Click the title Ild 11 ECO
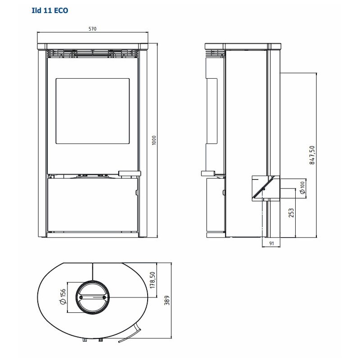point(50,10)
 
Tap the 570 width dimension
point(93,29)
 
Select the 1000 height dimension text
point(154,140)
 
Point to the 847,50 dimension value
point(312,155)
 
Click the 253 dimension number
point(291,213)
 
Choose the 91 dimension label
point(272,243)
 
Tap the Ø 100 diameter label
point(302,188)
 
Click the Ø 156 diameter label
point(63,297)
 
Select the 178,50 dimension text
point(153,280)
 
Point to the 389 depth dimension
point(167,300)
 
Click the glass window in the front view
point(93,111)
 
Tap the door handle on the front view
point(130,173)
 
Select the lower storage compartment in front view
point(93,205)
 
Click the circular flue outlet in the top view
point(93,297)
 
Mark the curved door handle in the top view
point(130,333)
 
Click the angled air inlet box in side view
point(266,189)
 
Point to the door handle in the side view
point(208,174)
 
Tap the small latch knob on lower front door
point(137,193)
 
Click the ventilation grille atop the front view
point(93,53)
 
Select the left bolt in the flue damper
point(81,297)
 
